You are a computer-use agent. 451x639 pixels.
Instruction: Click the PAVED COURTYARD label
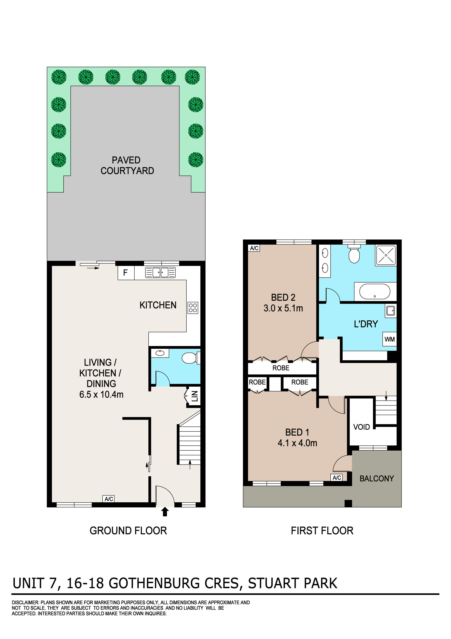pos(127,165)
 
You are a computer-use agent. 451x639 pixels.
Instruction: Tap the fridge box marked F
pos(126,273)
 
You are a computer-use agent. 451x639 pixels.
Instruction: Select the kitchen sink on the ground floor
pos(160,272)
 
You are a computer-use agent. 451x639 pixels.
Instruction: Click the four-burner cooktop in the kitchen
pos(193,308)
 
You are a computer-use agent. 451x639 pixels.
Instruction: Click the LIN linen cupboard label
pos(195,396)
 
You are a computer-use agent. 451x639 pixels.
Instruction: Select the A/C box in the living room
pos(109,499)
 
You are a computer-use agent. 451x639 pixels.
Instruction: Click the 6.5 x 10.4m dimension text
pos(101,394)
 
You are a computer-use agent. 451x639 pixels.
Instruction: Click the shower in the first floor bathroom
pos(386,255)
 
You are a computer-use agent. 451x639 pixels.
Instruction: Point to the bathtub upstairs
pos(375,291)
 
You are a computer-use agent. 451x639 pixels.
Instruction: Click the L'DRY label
pos(366,324)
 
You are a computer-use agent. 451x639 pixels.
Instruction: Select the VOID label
pos(362,427)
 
